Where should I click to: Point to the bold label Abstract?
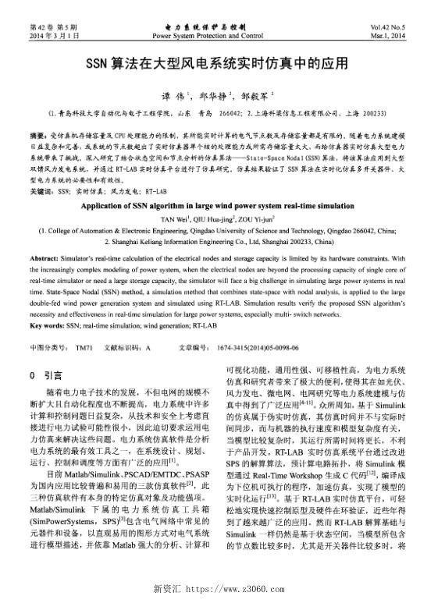(46, 257)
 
